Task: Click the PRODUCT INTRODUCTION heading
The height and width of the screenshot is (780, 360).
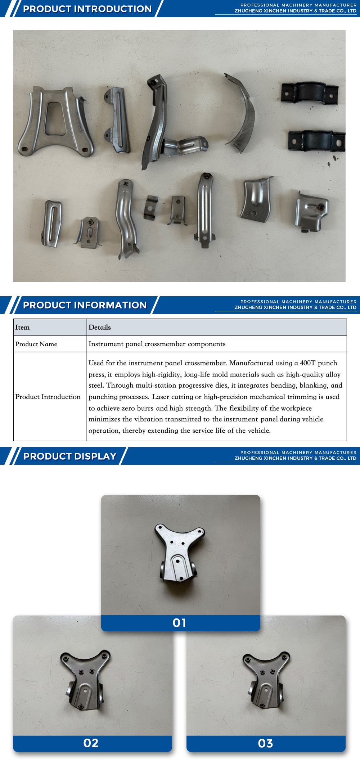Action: point(87,9)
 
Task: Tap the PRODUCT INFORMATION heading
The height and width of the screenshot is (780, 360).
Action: point(85,305)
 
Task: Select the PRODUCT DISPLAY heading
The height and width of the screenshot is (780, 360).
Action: point(70,456)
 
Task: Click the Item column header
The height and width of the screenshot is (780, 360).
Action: point(22,328)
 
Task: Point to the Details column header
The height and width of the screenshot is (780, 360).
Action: point(100,328)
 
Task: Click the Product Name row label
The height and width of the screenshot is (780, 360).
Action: point(36,344)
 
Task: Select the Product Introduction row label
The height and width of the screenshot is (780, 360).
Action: point(48,397)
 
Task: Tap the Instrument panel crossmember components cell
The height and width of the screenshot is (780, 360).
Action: point(157,344)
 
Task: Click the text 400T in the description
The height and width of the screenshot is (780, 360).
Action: point(307,363)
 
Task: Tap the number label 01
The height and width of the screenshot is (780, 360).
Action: point(179,623)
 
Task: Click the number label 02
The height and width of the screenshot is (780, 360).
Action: point(91,743)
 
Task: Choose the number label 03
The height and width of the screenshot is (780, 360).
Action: point(265,744)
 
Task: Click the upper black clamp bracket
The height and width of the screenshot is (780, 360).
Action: point(310,93)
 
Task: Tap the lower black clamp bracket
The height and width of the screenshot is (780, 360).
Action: point(316,141)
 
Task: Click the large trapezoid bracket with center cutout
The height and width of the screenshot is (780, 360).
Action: point(56,122)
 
